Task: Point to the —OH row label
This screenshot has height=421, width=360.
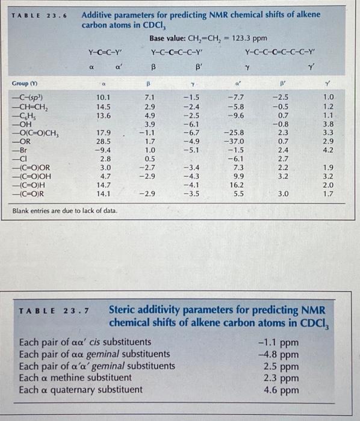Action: click(x=22, y=124)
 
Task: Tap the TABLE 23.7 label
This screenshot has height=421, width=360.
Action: click(x=54, y=311)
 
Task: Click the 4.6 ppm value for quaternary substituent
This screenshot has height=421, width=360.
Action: click(x=281, y=390)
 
